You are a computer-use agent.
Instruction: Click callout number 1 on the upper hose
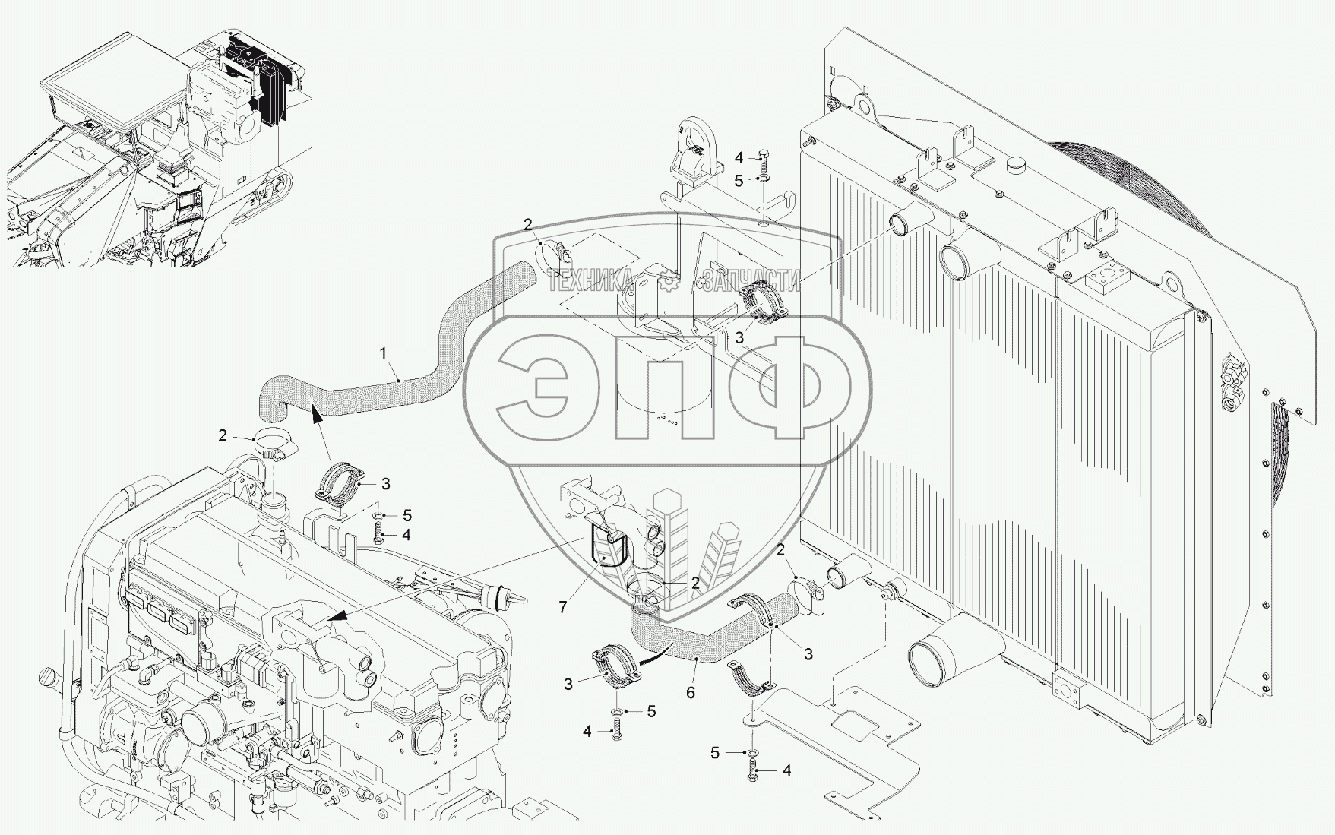click(x=384, y=353)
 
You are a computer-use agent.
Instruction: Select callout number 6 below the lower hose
click(x=691, y=692)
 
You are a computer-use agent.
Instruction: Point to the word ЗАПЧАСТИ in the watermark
click(x=751, y=282)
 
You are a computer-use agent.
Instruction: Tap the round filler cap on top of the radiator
click(x=1016, y=165)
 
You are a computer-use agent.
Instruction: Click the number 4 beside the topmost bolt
click(x=739, y=159)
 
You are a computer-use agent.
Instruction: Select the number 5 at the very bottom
click(x=715, y=752)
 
